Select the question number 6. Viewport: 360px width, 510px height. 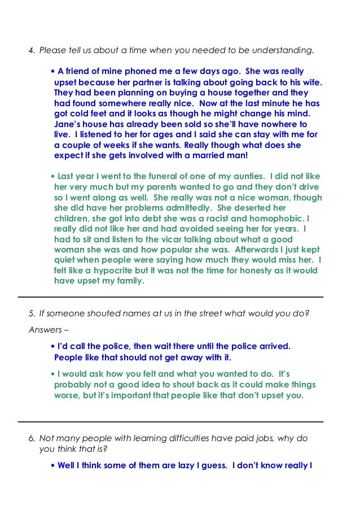[x=32, y=438]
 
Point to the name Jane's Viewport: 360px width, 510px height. [x=68, y=124]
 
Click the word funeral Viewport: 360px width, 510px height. [x=164, y=177]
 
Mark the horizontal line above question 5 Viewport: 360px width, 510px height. [x=170, y=297]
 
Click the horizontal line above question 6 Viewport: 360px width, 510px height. [x=170, y=421]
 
